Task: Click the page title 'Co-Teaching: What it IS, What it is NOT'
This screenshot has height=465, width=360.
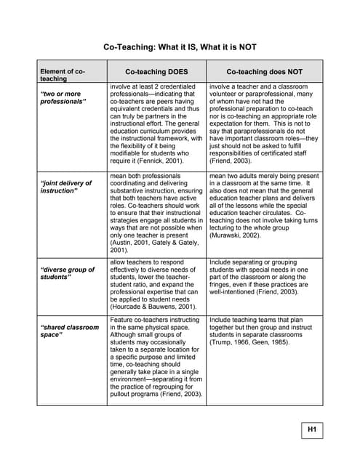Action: point(179,47)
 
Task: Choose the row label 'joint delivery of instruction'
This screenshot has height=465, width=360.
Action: point(65,187)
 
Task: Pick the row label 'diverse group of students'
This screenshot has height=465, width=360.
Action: point(67,273)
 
